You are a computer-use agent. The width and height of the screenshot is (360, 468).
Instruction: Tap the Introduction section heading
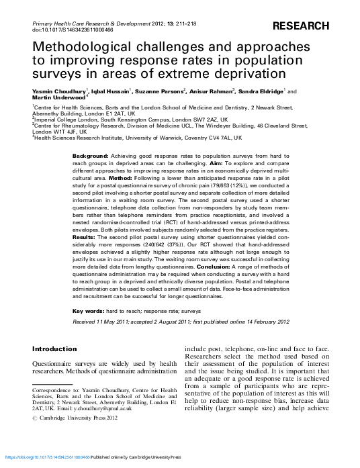(x=55, y=349)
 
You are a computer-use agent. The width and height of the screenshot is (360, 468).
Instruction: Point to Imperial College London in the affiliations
(x=64, y=119)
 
